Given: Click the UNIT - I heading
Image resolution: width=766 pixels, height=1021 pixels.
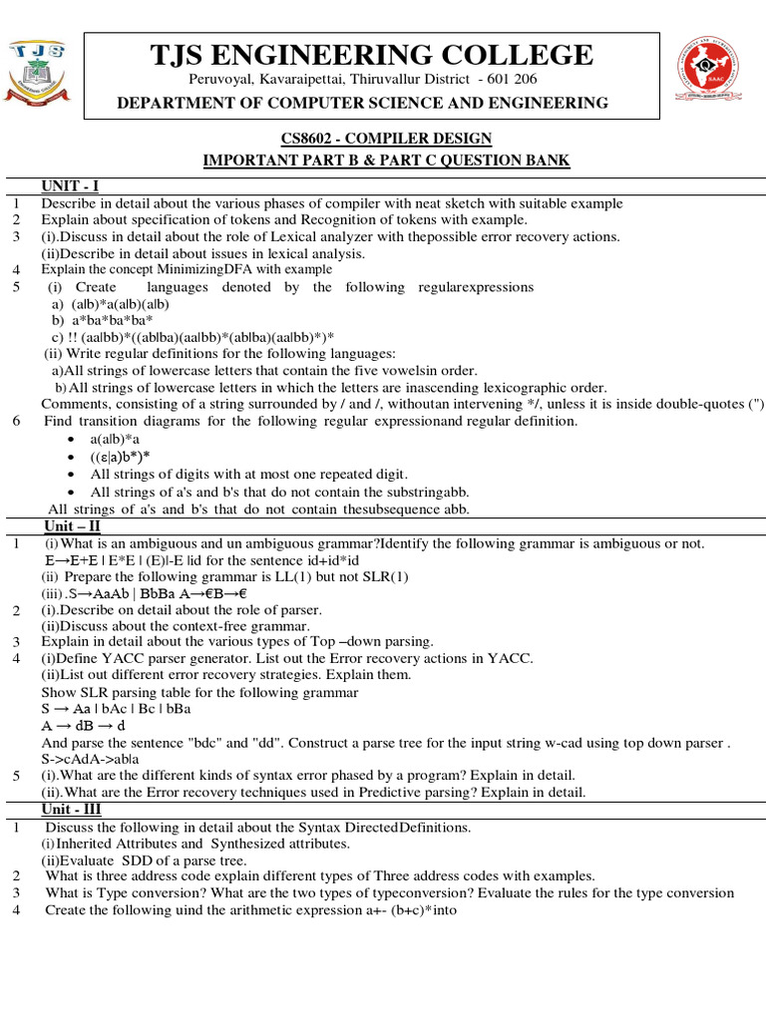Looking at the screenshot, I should [x=69, y=184].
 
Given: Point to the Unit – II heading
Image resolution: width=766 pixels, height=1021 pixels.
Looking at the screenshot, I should [x=72, y=525].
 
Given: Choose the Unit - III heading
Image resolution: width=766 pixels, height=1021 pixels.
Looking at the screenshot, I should [x=73, y=809].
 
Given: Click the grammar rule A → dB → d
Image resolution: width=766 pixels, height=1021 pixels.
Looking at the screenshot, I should [x=83, y=726].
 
